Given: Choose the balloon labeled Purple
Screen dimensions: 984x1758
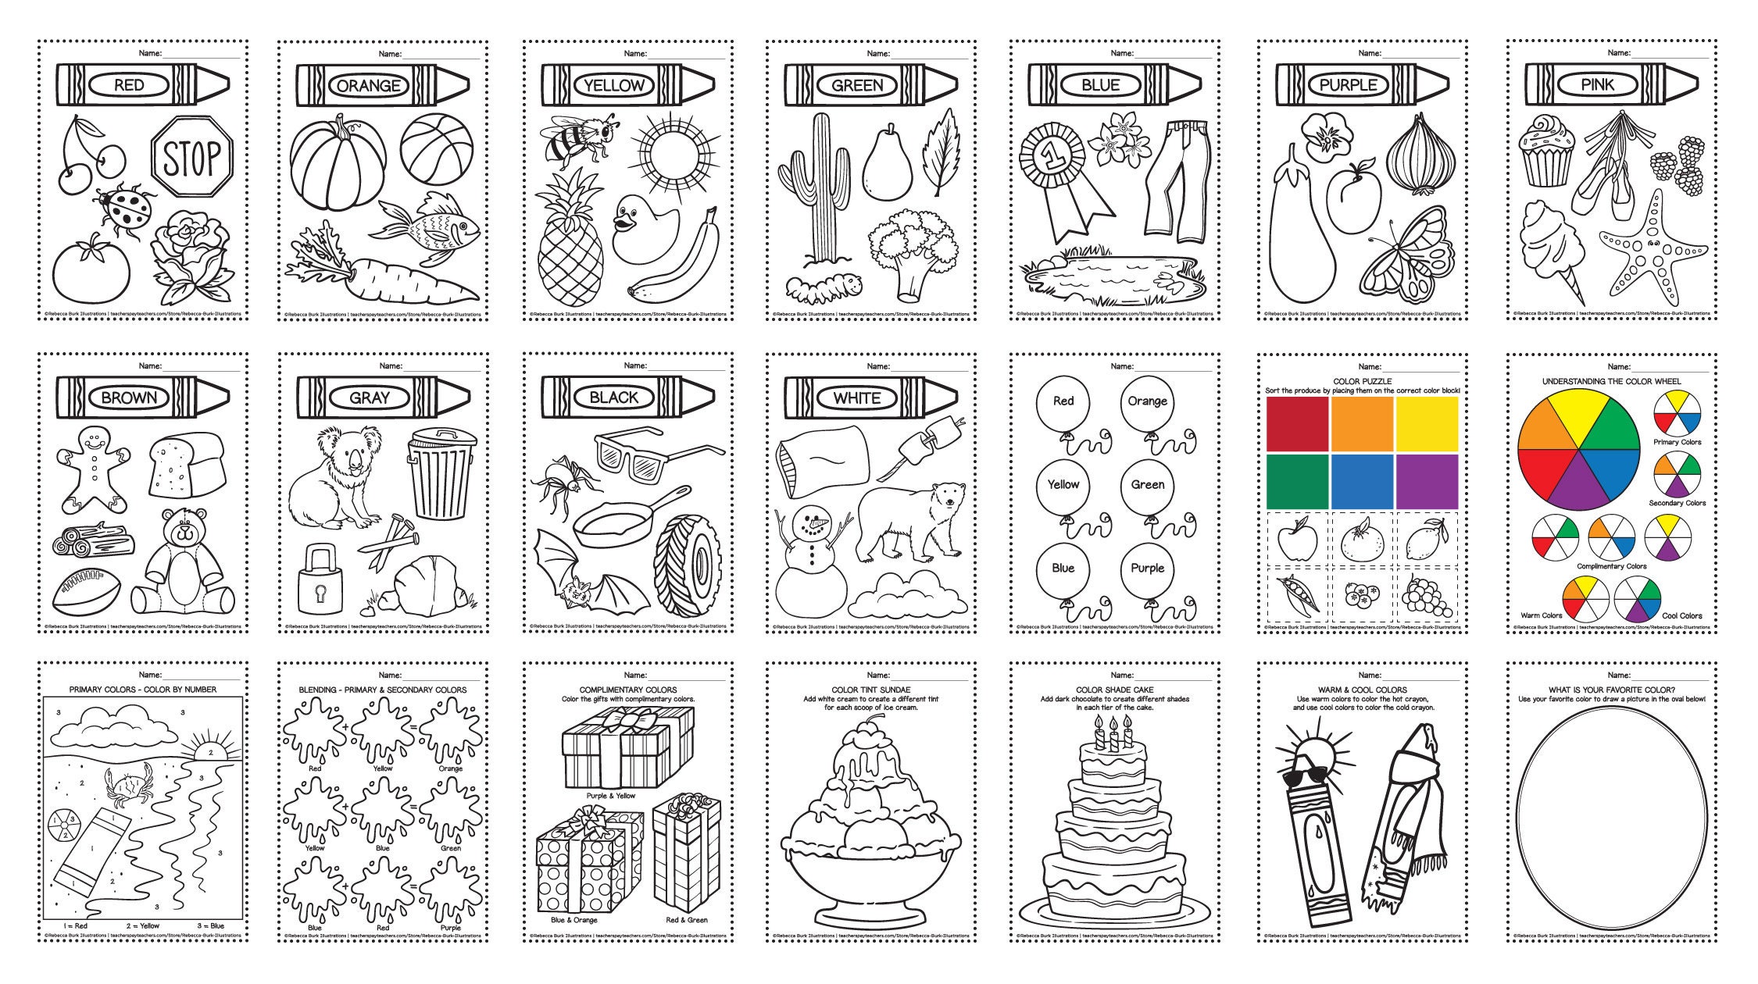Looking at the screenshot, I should click(1147, 570).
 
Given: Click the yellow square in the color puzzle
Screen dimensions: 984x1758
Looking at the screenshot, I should click(1427, 422).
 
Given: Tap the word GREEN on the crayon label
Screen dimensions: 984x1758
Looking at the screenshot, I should click(857, 85).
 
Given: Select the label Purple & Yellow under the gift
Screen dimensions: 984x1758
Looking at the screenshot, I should click(610, 796).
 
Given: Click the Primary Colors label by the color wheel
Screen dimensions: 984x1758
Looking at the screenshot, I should click(1677, 442).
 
